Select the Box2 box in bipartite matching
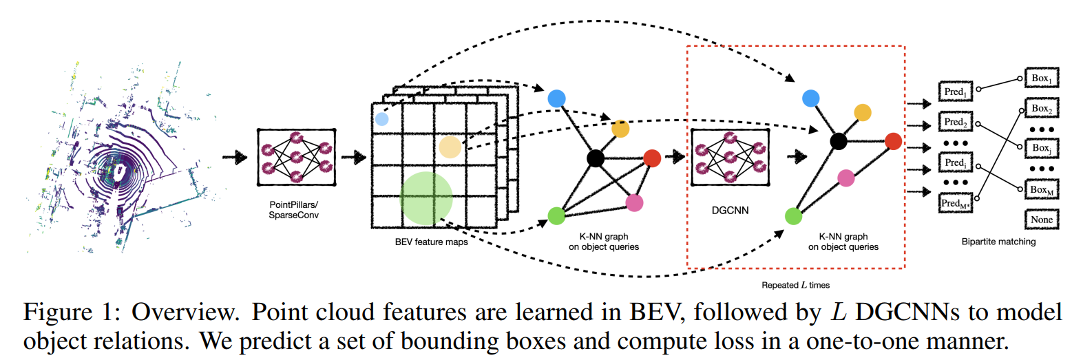pos(1042,109)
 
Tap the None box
pos(1042,219)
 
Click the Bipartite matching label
pos(998,242)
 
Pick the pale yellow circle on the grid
pos(450,147)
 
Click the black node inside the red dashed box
pos(838,142)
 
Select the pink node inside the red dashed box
pos(845,179)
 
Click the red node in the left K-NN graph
pos(651,158)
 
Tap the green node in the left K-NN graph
pos(556,215)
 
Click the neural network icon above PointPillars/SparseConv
pos(295,156)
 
